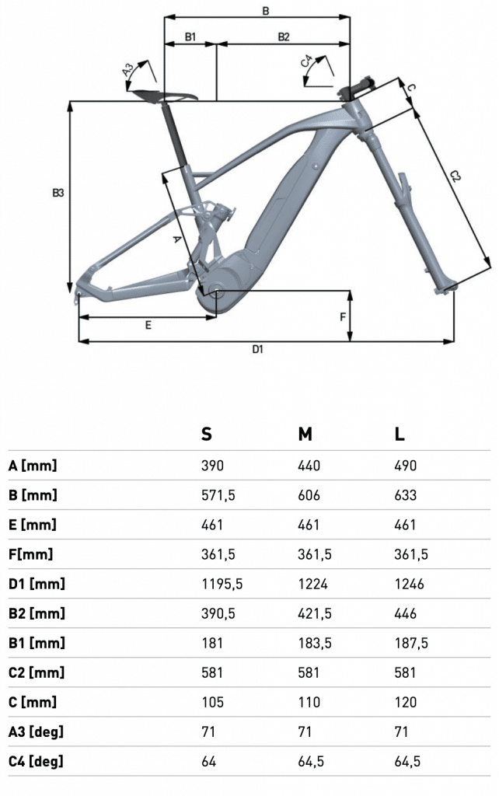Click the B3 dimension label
(58, 193)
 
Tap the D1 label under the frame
(258, 349)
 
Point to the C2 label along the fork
(455, 176)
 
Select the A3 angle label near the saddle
(128, 69)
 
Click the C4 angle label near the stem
(305, 61)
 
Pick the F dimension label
(343, 317)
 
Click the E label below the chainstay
(148, 325)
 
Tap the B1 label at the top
(190, 37)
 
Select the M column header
(305, 434)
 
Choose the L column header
(400, 434)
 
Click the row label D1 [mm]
(37, 584)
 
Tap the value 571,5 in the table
(218, 495)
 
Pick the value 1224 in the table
(312, 584)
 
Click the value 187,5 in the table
(411, 643)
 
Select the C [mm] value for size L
(406, 702)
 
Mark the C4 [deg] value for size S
(208, 762)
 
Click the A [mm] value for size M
(309, 466)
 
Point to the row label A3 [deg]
(36, 731)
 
